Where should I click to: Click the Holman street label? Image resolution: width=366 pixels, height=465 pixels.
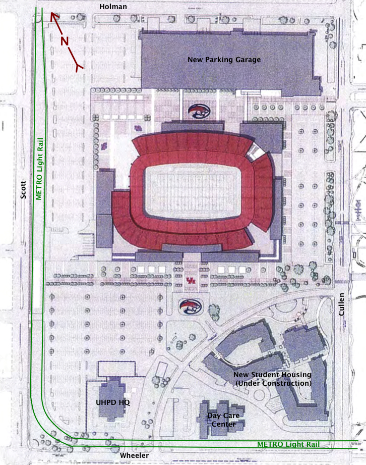coord(113,7)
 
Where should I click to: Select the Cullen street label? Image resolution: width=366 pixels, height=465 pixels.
coord(342,304)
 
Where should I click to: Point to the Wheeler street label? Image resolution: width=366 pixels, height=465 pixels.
coord(135,456)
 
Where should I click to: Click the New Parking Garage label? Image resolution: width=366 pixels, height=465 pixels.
coord(224,60)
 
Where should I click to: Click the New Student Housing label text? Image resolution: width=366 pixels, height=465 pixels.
coord(272,375)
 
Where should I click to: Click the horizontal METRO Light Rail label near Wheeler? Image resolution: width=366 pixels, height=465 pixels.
coord(288,444)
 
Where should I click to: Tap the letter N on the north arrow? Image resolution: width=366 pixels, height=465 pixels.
coord(65,41)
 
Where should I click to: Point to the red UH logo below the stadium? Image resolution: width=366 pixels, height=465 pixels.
coord(190,281)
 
